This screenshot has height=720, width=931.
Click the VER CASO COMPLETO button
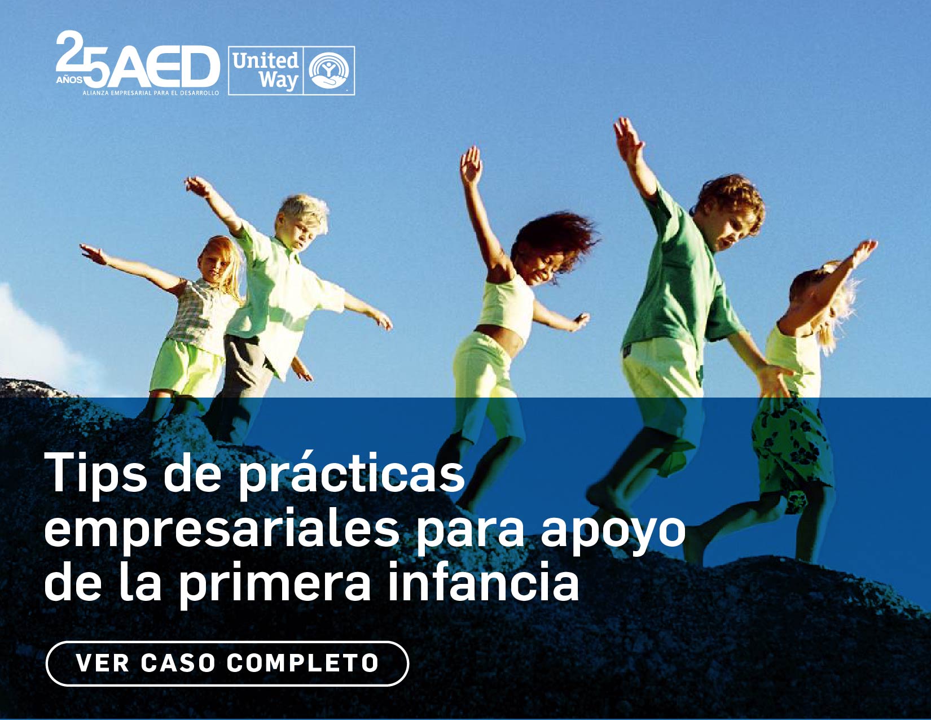[x=227, y=663]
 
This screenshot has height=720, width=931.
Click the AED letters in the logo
[x=169, y=67]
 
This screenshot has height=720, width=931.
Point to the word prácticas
[x=353, y=475]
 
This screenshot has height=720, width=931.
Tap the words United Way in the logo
[x=265, y=70]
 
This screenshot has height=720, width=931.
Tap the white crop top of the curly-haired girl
[x=506, y=305]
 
